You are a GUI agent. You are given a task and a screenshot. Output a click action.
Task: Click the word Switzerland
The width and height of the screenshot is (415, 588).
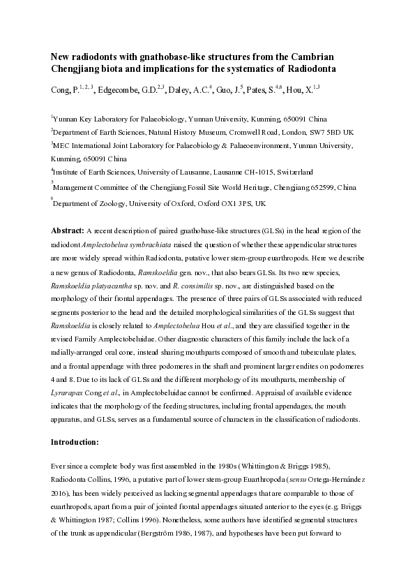point(292,170)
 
